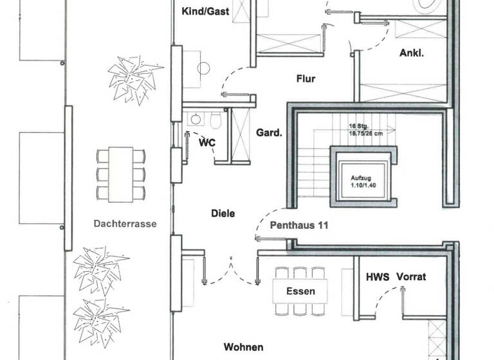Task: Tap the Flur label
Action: pyautogui.click(x=306, y=79)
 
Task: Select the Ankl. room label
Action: pyautogui.click(x=412, y=53)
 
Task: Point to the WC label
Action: pyautogui.click(x=206, y=141)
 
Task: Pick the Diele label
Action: pyautogui.click(x=223, y=213)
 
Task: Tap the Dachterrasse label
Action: pyautogui.click(x=125, y=224)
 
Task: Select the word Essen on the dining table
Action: pyautogui.click(x=300, y=291)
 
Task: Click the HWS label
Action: pyautogui.click(x=377, y=277)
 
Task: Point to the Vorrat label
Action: pyautogui.click(x=412, y=277)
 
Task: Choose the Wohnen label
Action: pyautogui.click(x=243, y=347)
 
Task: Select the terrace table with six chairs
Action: pyautogui.click(x=120, y=174)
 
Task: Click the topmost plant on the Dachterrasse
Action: pyautogui.click(x=134, y=78)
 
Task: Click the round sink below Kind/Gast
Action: pyautogui.click(x=205, y=67)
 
